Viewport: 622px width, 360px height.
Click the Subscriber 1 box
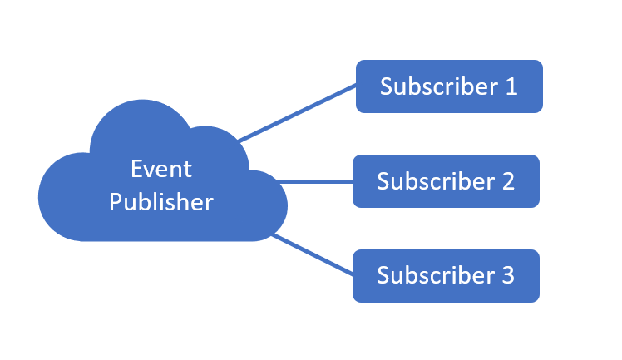tap(449, 86)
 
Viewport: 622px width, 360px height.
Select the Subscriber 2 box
tap(446, 181)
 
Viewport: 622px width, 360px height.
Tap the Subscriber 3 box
tap(446, 275)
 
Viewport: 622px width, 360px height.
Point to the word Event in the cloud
tap(161, 170)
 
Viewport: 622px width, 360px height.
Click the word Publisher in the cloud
tap(161, 202)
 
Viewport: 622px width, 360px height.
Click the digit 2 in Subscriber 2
tap(507, 181)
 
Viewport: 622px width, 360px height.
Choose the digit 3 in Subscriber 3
tap(507, 275)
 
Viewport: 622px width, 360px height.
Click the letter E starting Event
tap(136, 170)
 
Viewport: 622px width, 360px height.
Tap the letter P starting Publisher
tap(116, 202)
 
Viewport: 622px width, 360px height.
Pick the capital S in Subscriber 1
tap(387, 86)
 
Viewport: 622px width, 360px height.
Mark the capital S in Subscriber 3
tap(383, 275)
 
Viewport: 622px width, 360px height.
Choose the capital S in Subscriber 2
tap(383, 181)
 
